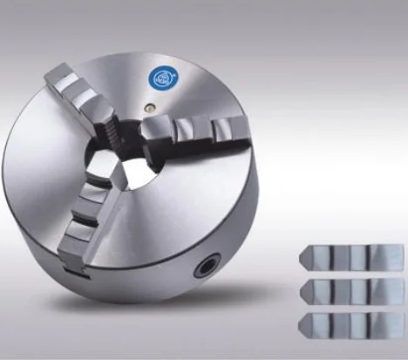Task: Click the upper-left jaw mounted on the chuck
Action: point(87,96)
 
